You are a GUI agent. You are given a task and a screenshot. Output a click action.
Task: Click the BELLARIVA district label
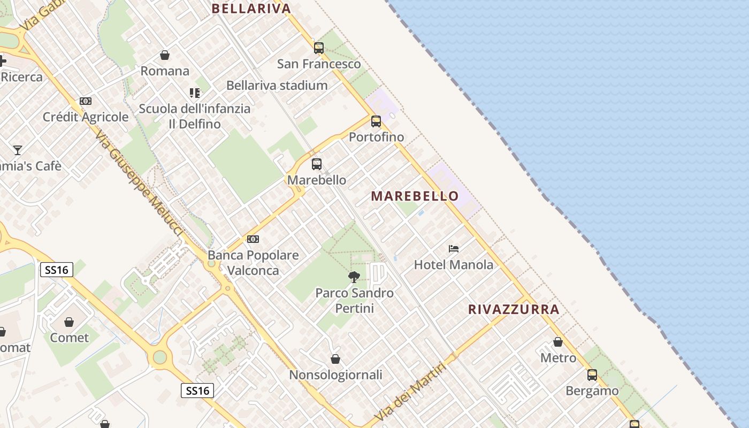(251, 9)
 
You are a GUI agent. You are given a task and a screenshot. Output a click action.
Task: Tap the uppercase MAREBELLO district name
(415, 196)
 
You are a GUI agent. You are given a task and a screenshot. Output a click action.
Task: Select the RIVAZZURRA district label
(514, 309)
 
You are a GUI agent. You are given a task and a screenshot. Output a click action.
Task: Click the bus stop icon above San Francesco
(319, 48)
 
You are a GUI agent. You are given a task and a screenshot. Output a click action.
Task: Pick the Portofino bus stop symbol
(376, 121)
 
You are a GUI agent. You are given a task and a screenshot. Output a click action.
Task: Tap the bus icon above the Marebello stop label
(317, 164)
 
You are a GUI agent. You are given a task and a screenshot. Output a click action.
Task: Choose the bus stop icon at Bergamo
(592, 375)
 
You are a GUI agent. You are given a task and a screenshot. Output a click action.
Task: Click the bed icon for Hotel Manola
(454, 249)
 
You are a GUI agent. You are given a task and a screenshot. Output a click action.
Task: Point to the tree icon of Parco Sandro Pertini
(354, 277)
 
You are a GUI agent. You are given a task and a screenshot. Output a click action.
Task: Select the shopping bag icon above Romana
(165, 55)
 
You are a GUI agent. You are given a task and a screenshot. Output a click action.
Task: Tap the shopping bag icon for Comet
(69, 322)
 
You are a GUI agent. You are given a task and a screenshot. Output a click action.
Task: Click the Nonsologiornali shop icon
(335, 359)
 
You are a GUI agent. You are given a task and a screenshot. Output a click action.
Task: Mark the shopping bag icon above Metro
(558, 342)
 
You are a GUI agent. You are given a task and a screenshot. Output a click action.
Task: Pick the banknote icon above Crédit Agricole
(86, 101)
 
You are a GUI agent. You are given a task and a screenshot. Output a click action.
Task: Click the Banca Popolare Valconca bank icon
(253, 239)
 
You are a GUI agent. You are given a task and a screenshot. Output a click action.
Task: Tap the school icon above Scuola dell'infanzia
(195, 93)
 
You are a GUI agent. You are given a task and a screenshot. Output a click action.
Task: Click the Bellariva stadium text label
(277, 85)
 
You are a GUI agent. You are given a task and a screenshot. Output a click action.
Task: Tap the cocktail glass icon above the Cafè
(18, 150)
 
